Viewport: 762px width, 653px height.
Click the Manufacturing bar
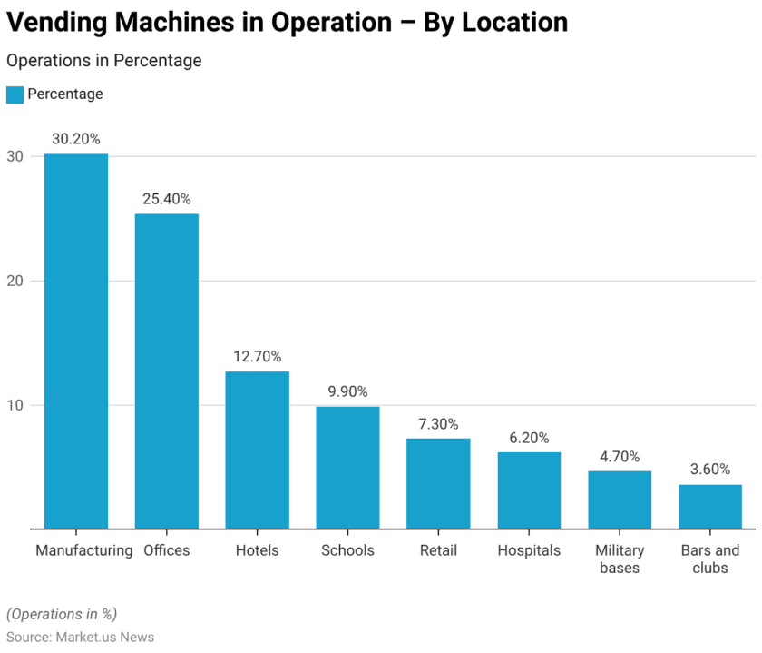pyautogui.click(x=76, y=341)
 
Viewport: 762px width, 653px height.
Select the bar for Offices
pyautogui.click(x=167, y=371)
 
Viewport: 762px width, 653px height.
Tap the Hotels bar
pyautogui.click(x=257, y=450)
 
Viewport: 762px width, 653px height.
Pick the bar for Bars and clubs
pyautogui.click(x=710, y=506)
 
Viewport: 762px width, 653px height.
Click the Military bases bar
pyautogui.click(x=620, y=499)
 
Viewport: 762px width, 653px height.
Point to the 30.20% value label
pyautogui.click(x=76, y=139)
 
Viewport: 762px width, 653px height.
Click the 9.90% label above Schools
pyautogui.click(x=347, y=391)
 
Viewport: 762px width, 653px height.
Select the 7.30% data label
pyautogui.click(x=438, y=424)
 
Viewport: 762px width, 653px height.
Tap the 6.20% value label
pyautogui.click(x=529, y=438)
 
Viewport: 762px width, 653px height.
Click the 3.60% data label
pyautogui.click(x=710, y=470)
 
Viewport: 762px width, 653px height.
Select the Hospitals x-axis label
pyautogui.click(x=529, y=550)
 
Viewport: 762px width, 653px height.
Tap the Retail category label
pyautogui.click(x=438, y=550)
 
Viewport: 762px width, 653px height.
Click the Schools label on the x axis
pyautogui.click(x=347, y=550)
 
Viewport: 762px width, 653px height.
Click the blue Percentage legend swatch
pyautogui.click(x=15, y=94)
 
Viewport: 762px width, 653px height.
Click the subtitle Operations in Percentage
pyautogui.click(x=103, y=61)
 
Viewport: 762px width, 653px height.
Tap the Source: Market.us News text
pyautogui.click(x=80, y=637)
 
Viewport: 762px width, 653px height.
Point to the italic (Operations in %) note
pyautogui.click(x=62, y=614)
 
